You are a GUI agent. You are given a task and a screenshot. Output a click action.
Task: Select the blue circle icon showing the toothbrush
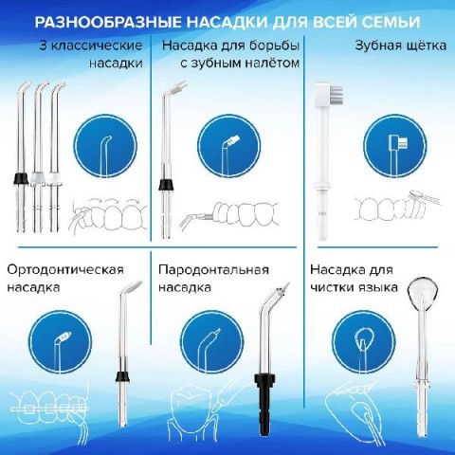tap(395, 146)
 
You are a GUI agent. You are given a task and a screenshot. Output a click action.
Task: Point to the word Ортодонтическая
tap(65, 270)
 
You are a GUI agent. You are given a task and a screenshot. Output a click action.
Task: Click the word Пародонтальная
tap(213, 270)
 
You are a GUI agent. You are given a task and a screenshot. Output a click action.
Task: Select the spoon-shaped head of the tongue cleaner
tap(423, 290)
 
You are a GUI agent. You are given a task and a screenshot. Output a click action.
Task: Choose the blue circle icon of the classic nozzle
tap(105, 146)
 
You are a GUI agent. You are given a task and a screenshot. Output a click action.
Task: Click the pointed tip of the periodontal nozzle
tap(288, 283)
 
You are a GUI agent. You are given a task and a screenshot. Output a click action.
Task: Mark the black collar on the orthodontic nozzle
tap(122, 376)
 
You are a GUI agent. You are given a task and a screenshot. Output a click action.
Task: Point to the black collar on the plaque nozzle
tap(166, 185)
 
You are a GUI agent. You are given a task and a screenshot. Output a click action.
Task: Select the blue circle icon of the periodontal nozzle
tap(212, 342)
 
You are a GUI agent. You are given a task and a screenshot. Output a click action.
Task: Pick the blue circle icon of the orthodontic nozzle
tap(60, 342)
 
